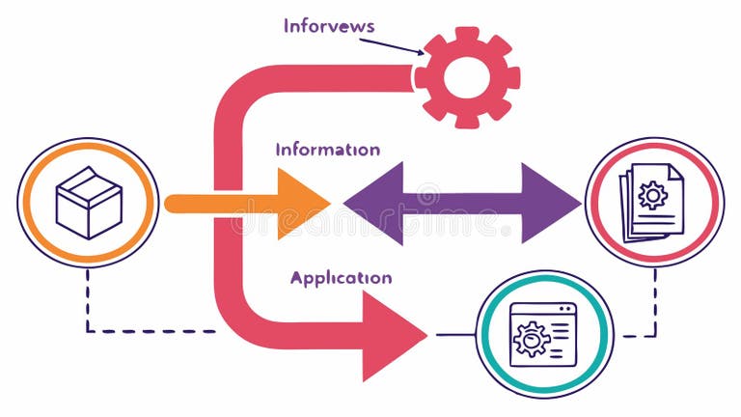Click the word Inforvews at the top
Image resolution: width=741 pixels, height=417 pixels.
329,26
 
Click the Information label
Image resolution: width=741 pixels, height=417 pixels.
327,150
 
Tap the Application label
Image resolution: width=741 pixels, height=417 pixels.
341,278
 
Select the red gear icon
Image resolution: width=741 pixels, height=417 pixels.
467,77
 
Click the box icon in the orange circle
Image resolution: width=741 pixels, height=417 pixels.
88,203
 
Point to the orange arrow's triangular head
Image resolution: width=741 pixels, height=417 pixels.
301,203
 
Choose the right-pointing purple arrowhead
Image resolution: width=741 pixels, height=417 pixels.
550,203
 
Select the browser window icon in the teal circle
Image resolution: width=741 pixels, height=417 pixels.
543,334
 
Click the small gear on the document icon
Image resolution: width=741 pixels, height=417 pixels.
653,196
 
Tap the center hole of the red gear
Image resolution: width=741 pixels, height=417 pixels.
467,77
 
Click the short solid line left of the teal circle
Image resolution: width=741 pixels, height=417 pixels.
455,334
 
